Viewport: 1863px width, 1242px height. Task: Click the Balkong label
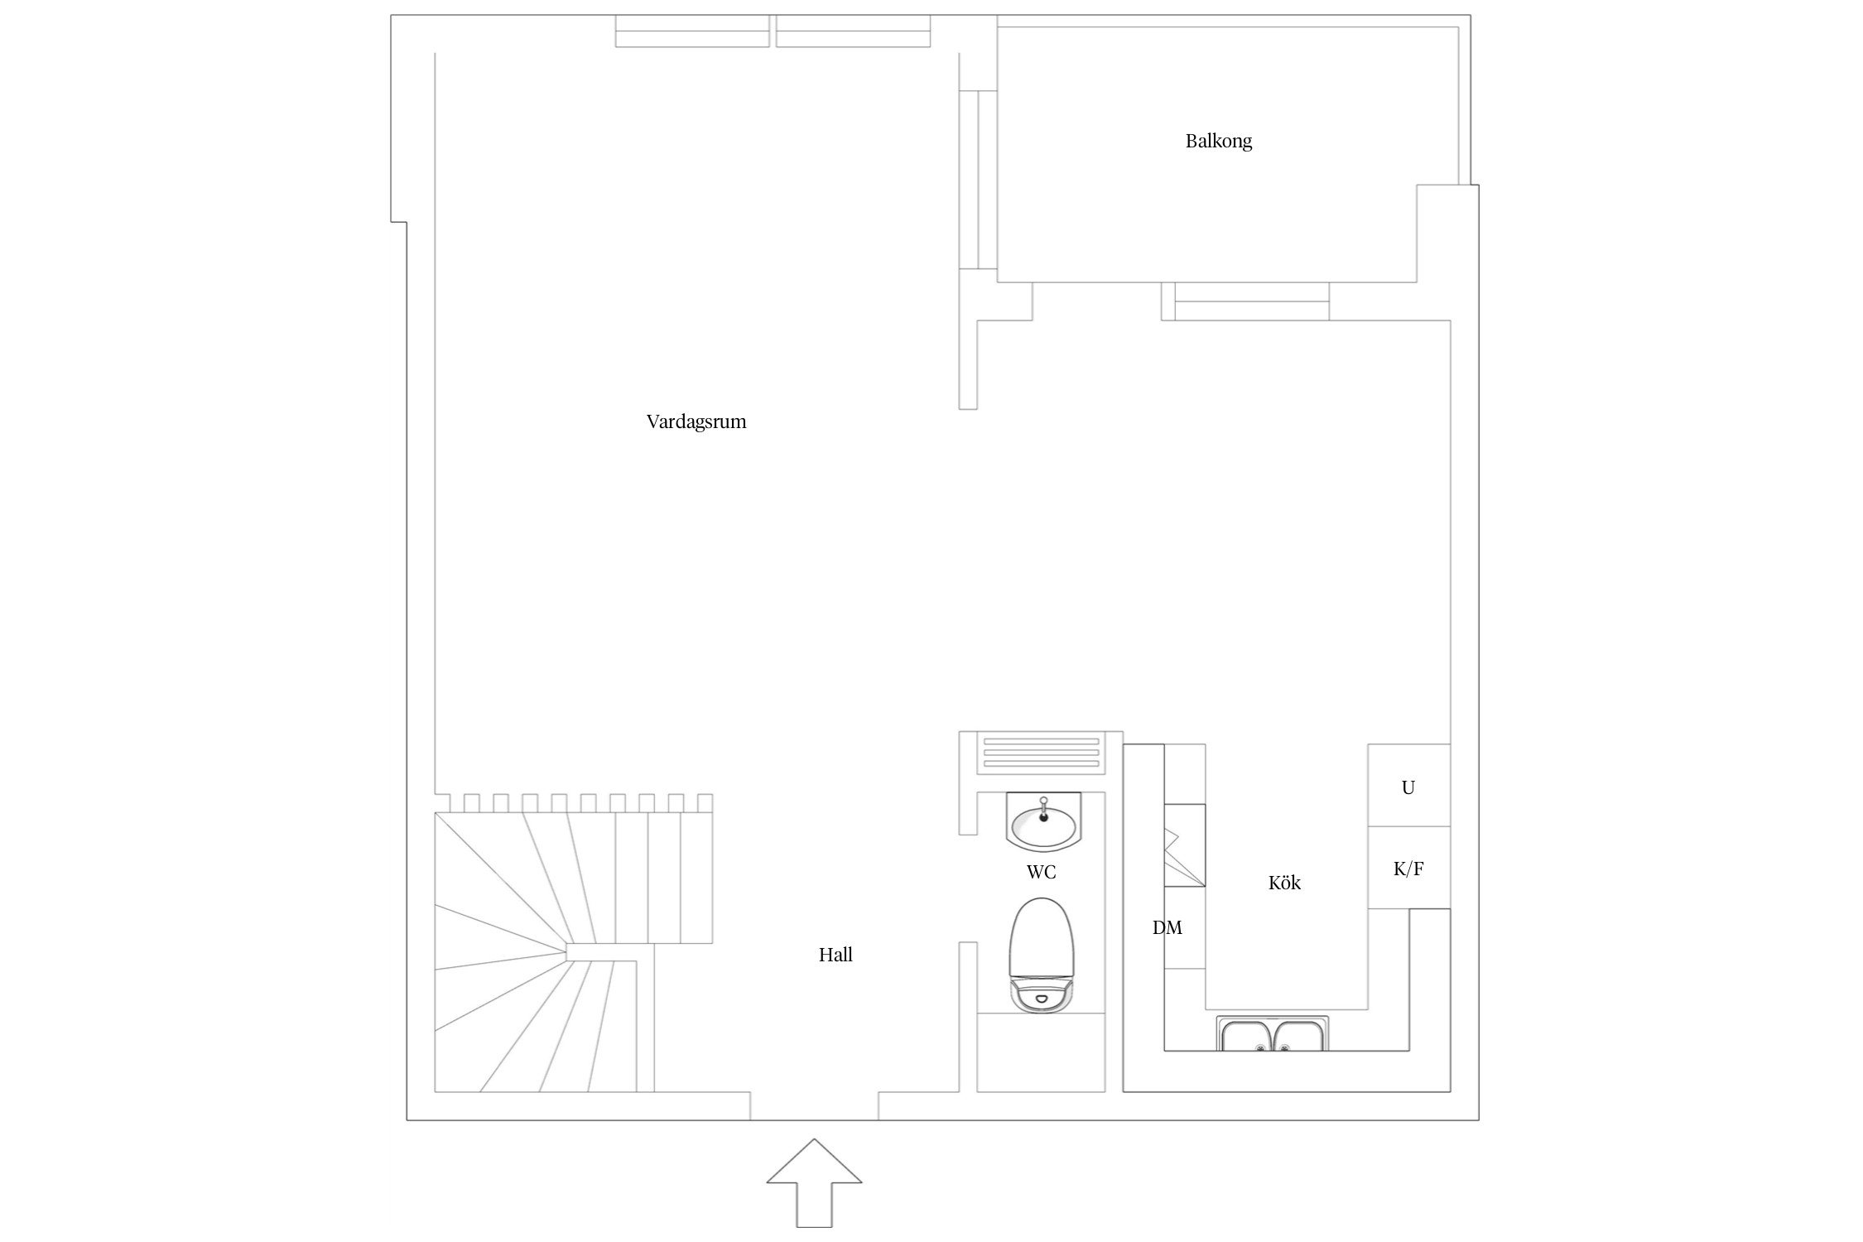point(1218,142)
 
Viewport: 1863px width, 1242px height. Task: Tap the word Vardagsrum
point(696,422)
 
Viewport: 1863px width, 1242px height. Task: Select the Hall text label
point(835,956)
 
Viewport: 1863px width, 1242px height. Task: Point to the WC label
point(1041,873)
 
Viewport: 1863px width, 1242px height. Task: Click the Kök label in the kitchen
point(1284,883)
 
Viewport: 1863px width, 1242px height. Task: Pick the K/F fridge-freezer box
point(1408,868)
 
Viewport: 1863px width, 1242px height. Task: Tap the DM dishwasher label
point(1167,928)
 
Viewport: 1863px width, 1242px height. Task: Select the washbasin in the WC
point(1042,822)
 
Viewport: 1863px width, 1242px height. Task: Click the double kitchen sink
point(1273,1034)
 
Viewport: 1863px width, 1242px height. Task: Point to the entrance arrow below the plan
point(814,1192)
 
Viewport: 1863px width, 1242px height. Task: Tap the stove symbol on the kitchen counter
point(1185,857)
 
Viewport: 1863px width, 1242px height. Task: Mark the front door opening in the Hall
point(814,1106)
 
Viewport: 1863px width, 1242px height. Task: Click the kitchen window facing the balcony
point(1251,301)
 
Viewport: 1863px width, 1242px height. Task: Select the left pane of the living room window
point(692,31)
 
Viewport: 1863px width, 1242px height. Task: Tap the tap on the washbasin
point(1043,806)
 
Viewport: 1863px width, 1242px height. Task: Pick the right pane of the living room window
point(853,31)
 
